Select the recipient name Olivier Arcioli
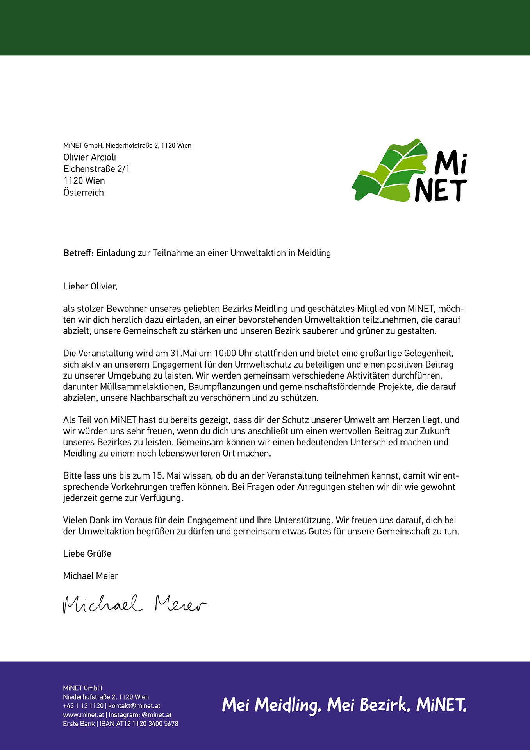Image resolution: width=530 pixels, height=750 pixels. (89, 157)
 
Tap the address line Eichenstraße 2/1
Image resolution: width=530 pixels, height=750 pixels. (96, 169)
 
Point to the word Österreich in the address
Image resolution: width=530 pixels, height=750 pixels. (83, 192)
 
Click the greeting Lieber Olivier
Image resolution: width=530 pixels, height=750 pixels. (90, 286)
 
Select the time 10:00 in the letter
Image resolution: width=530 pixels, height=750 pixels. (225, 354)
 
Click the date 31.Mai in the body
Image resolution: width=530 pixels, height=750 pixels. (183, 354)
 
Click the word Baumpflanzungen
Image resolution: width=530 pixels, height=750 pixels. (224, 387)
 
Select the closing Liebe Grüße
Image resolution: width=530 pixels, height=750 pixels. (87, 554)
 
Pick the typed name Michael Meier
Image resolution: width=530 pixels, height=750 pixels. (91, 576)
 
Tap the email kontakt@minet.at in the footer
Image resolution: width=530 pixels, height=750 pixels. (134, 706)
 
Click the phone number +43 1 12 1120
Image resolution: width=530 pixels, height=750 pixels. (83, 706)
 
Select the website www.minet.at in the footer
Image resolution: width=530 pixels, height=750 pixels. (83, 715)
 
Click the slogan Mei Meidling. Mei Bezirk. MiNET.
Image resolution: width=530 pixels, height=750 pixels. (344, 705)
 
